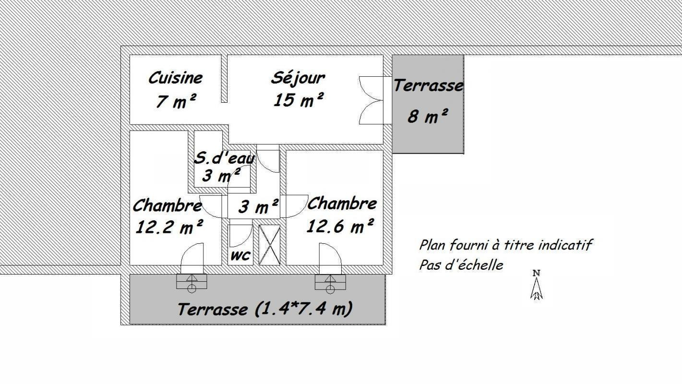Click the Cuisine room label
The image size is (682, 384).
(x=175, y=78)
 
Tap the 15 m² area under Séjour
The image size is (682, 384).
(x=298, y=100)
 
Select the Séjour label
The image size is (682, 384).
(x=298, y=78)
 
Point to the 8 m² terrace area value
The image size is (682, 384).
(x=428, y=116)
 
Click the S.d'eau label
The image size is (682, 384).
(x=224, y=158)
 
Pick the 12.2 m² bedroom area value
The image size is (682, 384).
(x=169, y=227)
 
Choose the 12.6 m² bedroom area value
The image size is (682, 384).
(x=340, y=226)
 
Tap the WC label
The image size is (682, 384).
(x=240, y=256)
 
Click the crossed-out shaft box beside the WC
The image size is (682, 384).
(x=269, y=245)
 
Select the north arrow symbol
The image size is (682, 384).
(x=537, y=288)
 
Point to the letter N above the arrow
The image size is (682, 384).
(x=537, y=273)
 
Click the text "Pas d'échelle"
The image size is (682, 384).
(x=461, y=265)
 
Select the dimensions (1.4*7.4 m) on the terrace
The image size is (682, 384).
(x=303, y=309)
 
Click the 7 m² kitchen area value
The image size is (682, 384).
(x=176, y=101)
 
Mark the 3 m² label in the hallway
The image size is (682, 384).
(x=258, y=206)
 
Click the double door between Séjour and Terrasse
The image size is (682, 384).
(x=371, y=100)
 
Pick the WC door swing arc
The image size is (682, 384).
(x=241, y=236)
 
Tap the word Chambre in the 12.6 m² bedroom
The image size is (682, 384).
(x=342, y=204)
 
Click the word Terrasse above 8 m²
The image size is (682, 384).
(x=429, y=85)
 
